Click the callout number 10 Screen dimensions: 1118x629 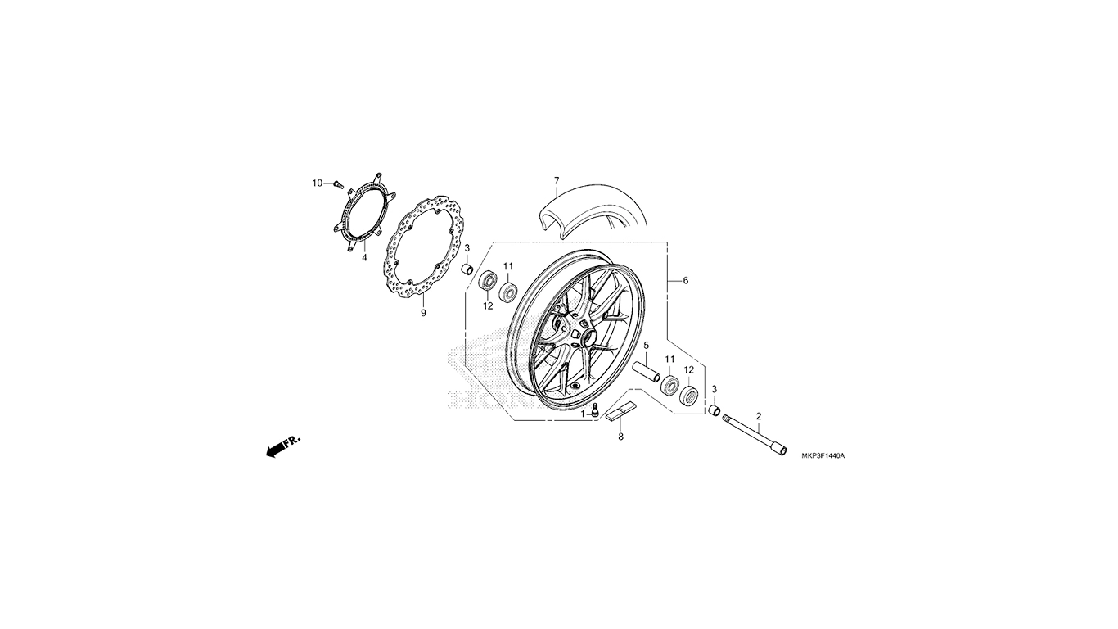tap(318, 183)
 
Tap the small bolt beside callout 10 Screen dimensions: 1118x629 tap(338, 184)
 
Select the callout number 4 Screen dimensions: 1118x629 tap(364, 258)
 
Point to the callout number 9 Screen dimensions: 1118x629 tap(423, 313)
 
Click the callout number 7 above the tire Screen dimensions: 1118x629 tap(557, 180)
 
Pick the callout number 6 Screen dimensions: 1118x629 tap(686, 281)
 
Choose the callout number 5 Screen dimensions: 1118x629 tap(646, 346)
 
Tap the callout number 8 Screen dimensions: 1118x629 tap(621, 437)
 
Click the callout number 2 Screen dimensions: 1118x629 tap(759, 416)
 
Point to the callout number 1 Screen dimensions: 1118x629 tap(583, 414)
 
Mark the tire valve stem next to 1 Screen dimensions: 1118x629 tap(594, 410)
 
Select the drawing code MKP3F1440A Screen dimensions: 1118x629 tap(823, 455)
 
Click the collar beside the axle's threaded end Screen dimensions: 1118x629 tap(715, 410)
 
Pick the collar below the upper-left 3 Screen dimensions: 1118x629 tap(467, 269)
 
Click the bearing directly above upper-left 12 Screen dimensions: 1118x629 tap(487, 281)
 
